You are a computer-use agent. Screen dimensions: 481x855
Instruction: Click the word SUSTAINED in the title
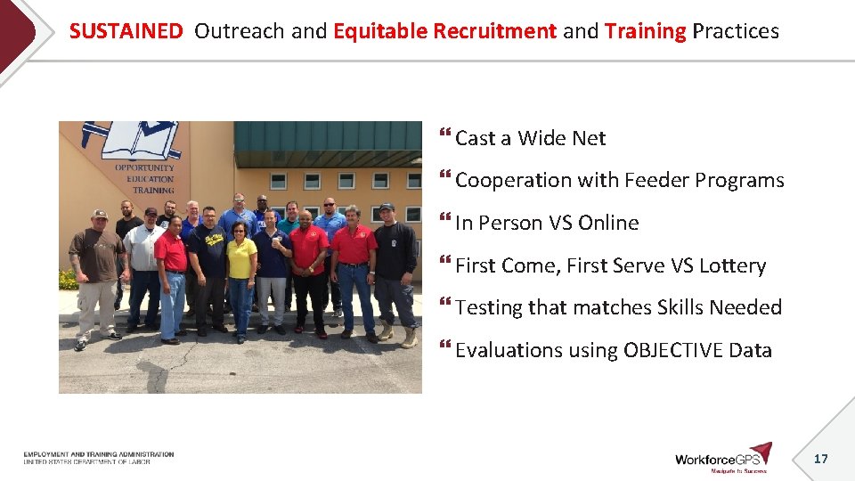click(x=126, y=31)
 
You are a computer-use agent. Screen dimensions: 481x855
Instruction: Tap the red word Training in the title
click(x=645, y=31)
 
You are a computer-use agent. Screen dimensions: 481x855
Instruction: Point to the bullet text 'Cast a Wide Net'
click(x=530, y=138)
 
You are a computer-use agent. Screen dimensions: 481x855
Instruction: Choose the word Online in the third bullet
click(x=608, y=223)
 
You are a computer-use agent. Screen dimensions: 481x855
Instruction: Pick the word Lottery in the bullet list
click(x=732, y=265)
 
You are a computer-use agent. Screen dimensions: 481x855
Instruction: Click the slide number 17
click(x=821, y=459)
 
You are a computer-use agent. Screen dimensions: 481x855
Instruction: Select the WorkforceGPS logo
click(x=722, y=457)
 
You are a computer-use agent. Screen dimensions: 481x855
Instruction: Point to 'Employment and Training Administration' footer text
click(x=99, y=454)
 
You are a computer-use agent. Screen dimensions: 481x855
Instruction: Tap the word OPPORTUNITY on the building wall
click(x=144, y=167)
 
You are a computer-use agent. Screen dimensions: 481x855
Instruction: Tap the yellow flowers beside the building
click(x=68, y=280)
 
